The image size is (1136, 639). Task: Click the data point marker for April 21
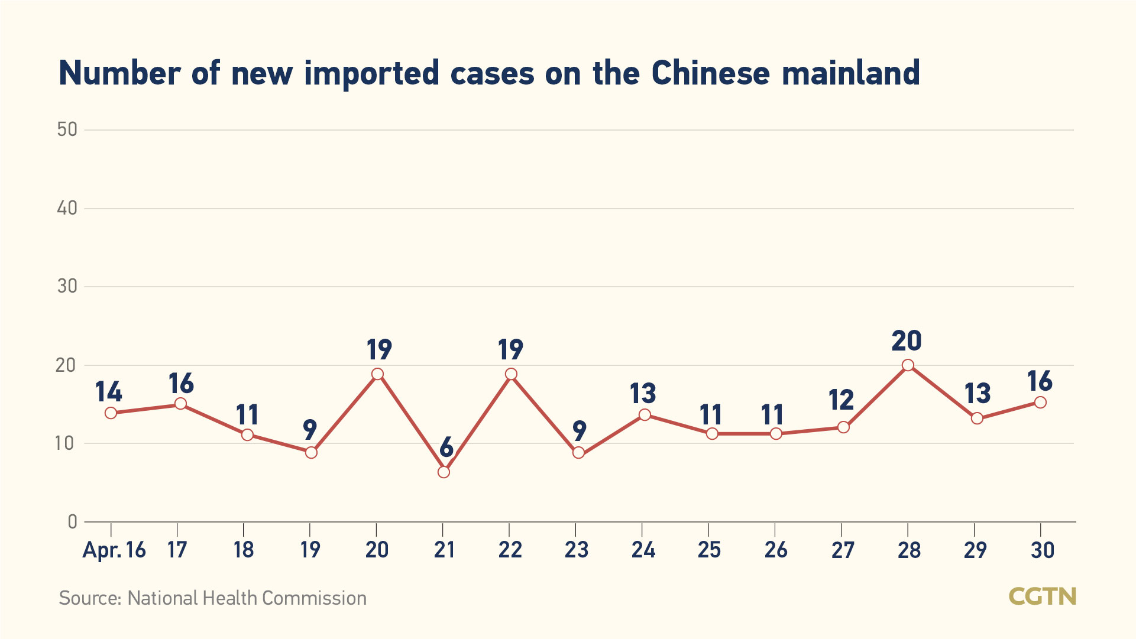click(444, 472)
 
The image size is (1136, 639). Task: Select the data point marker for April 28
click(908, 365)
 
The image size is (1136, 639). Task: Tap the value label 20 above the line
click(907, 341)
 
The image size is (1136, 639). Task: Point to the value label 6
click(446, 447)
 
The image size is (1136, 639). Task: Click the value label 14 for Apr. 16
click(109, 391)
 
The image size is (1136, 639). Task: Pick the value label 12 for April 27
click(841, 400)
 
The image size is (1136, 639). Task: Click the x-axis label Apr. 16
click(114, 550)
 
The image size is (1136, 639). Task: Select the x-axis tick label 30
click(1042, 550)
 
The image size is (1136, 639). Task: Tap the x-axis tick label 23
click(577, 550)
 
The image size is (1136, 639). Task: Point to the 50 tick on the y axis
click(67, 129)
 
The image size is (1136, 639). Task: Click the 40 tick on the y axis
click(67, 208)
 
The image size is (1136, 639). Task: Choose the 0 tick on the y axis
click(72, 521)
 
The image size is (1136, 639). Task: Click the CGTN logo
click(1042, 596)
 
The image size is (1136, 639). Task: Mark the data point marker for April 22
click(511, 374)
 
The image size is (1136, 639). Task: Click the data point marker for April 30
click(1040, 403)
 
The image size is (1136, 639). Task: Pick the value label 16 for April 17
click(181, 384)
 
